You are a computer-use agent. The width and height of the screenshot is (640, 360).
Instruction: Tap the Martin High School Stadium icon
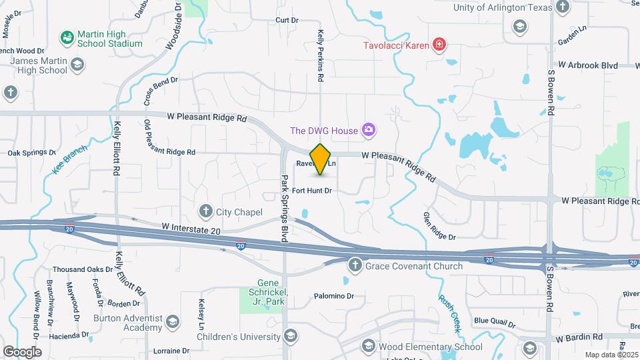[x=67, y=37]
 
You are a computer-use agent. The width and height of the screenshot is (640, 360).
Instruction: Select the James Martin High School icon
[x=77, y=65]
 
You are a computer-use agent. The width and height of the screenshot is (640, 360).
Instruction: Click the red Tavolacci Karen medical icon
[x=439, y=45]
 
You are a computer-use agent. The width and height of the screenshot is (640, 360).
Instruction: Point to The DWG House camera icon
[x=367, y=130]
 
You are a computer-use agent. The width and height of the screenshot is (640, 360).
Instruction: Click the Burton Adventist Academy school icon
[x=173, y=322]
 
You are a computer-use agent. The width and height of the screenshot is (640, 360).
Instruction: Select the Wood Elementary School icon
[x=367, y=346]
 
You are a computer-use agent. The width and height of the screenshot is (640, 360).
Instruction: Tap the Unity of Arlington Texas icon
[x=562, y=7]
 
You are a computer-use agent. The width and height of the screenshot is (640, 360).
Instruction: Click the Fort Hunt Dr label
[x=311, y=191]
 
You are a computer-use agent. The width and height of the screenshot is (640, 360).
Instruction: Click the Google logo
[x=22, y=351]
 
